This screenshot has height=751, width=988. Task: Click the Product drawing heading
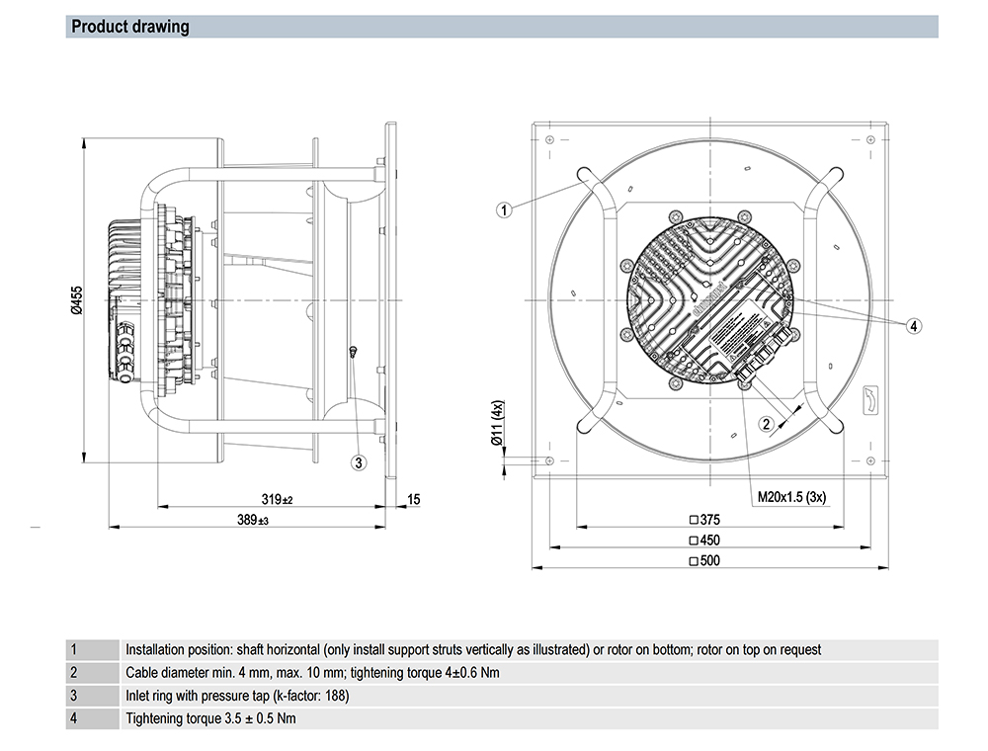point(130,27)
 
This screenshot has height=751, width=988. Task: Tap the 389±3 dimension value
point(252,520)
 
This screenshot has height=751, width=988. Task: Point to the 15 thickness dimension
point(413,500)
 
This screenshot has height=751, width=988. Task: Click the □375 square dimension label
point(704,520)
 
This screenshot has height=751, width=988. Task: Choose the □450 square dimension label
point(704,541)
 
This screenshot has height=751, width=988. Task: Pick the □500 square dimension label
point(704,561)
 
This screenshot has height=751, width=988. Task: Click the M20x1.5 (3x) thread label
point(791,497)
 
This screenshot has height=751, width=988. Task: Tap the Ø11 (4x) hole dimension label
point(498,423)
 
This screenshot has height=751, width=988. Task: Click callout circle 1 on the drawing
point(504,209)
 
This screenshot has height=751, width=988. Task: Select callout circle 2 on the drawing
point(765,423)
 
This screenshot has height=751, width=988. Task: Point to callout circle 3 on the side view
point(359,461)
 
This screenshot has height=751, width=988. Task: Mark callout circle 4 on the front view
point(914,325)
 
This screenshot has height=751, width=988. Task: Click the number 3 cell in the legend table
point(73,696)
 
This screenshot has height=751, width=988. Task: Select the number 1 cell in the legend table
point(73,650)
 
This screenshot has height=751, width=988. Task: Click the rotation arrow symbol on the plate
point(870,398)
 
